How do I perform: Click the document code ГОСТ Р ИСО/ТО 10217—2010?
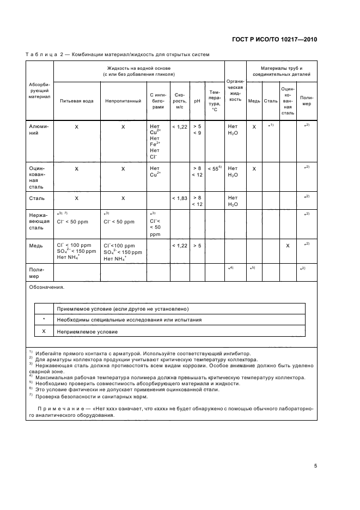click(x=274, y=39)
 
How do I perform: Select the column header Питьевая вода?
click(x=76, y=100)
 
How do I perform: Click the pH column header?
click(x=197, y=100)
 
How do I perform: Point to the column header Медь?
click(x=254, y=100)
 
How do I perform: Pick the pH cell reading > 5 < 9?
click(x=197, y=129)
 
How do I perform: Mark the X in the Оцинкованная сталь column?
click(x=288, y=246)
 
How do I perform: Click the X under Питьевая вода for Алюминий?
click(x=76, y=126)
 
